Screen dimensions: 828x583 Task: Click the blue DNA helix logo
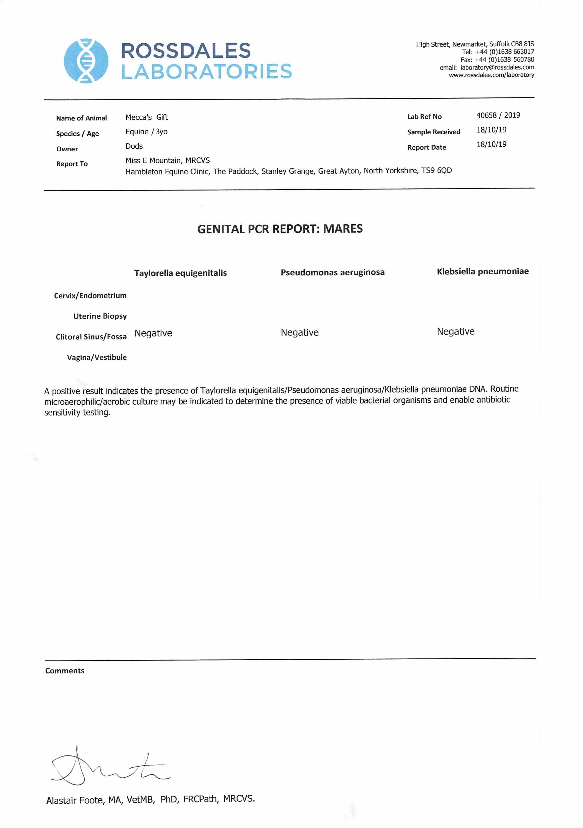pos(86,61)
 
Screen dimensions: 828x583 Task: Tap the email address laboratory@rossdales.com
pos(497,67)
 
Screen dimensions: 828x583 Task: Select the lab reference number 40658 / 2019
pos(498,115)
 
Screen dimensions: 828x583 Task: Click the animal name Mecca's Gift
pos(146,117)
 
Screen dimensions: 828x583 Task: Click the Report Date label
pos(427,147)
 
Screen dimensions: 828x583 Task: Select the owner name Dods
pos(134,146)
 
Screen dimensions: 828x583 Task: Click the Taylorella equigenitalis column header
pos(181,273)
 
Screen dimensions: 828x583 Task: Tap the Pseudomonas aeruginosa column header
pos(333,272)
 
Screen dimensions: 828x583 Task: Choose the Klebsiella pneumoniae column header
pos(483,271)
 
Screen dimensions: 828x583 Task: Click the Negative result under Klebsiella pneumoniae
pos(455,331)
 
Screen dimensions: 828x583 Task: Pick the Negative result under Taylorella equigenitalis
pos(153,333)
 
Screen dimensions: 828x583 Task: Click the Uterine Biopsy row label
pos(100,316)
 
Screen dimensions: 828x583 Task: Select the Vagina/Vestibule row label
pos(97,357)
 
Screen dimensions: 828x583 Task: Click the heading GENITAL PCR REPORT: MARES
pos(280,229)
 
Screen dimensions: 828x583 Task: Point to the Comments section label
pos(65,671)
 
